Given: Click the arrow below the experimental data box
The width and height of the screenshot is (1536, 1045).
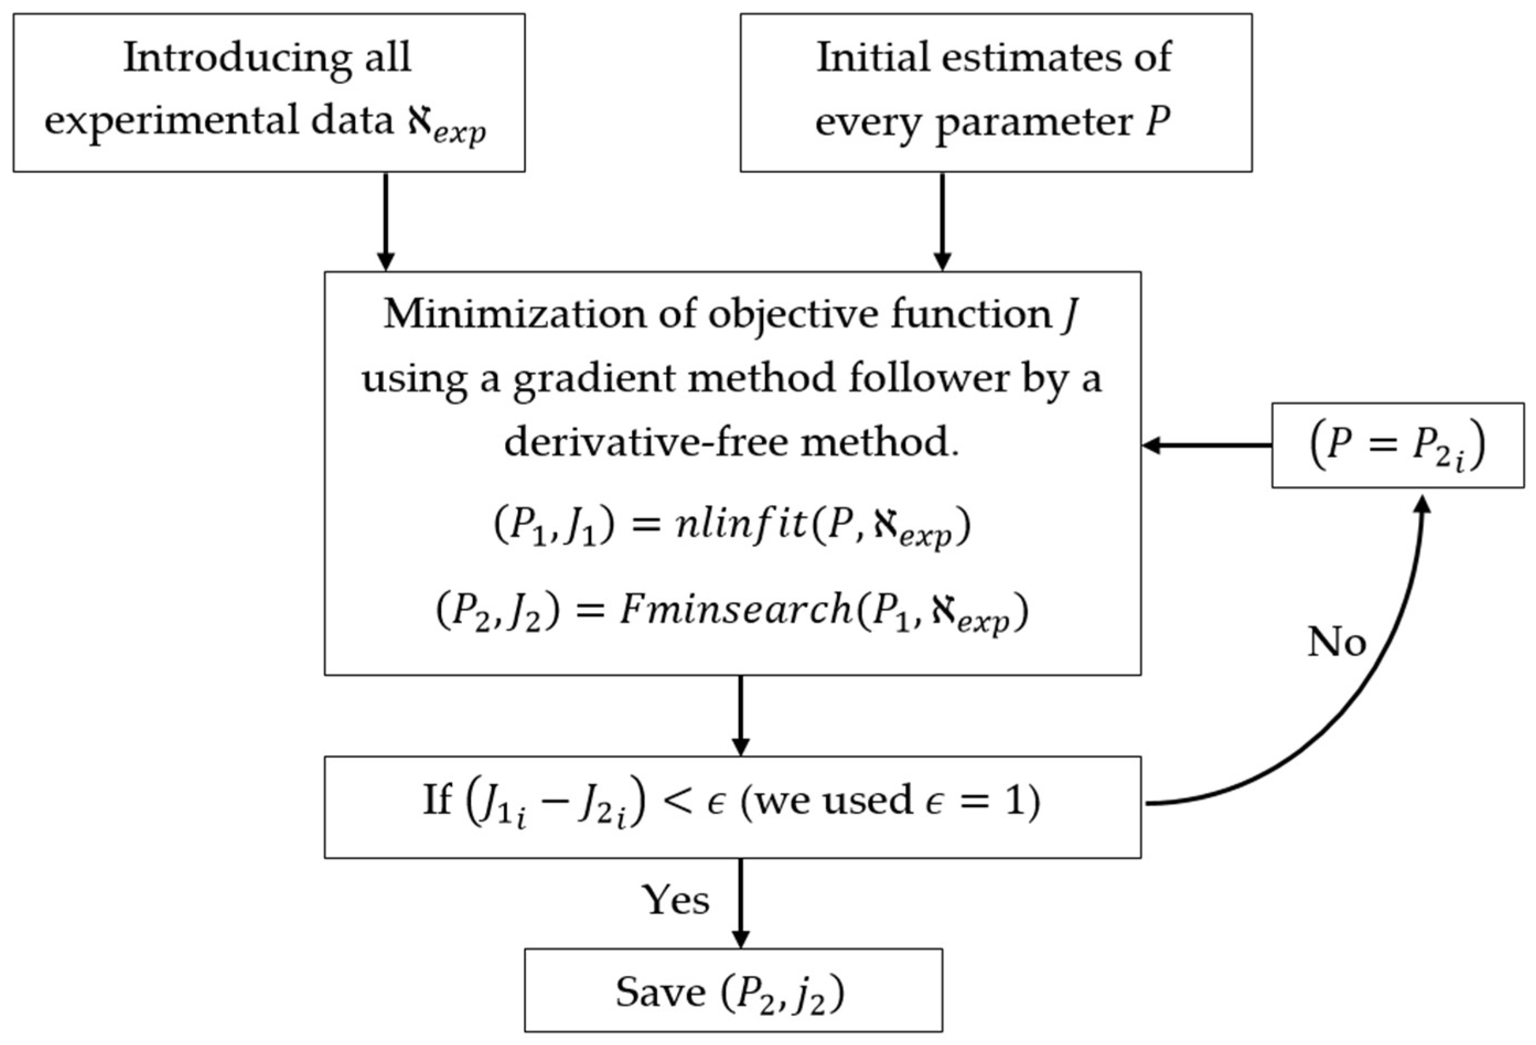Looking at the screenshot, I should [x=385, y=222].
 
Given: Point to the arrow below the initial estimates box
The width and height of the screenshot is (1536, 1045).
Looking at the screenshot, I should [x=942, y=222].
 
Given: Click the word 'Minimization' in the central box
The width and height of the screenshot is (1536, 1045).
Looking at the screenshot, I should [x=513, y=314].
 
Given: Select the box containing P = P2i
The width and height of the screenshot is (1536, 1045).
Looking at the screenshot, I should [x=1398, y=446].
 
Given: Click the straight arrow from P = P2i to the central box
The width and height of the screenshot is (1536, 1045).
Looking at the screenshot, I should [x=1207, y=446].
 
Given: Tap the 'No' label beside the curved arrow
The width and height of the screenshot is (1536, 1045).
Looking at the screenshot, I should [x=1336, y=641].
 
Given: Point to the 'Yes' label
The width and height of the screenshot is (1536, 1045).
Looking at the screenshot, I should [x=675, y=901].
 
